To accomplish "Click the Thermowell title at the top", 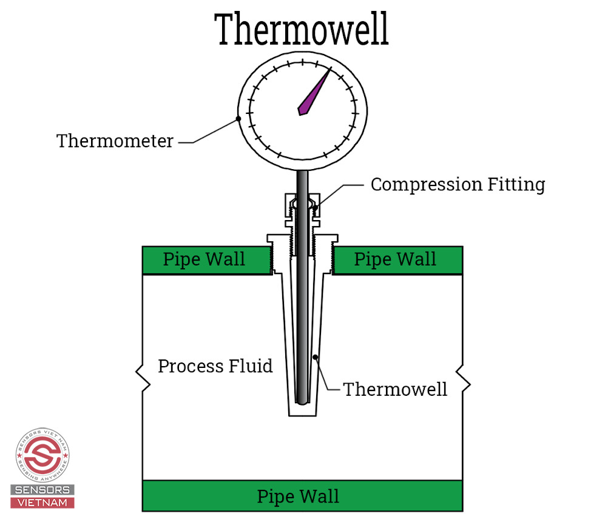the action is pos(302,29).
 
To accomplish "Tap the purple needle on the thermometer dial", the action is pos(314,93).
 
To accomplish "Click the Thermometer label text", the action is pos(115,141).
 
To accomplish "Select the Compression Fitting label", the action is pos(458,184).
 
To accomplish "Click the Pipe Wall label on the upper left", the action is pos(204,259).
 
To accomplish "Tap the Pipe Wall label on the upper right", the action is pos(395,259).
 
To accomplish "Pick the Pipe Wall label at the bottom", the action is pos(298,496).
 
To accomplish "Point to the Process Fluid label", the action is pos(215,366).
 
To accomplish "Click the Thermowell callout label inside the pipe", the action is pos(395,389).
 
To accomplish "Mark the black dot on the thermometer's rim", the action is pos(238,119).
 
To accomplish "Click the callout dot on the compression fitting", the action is pos(315,208).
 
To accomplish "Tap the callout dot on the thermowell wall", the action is pos(315,358).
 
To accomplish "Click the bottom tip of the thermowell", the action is pos(302,416).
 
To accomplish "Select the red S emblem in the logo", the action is pos(42,455).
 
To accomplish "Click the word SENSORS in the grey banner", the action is pos(42,490).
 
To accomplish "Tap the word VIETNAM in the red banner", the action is pos(42,503).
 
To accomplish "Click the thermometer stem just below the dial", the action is pos(302,181).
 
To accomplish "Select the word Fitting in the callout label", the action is pos(516,184).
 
